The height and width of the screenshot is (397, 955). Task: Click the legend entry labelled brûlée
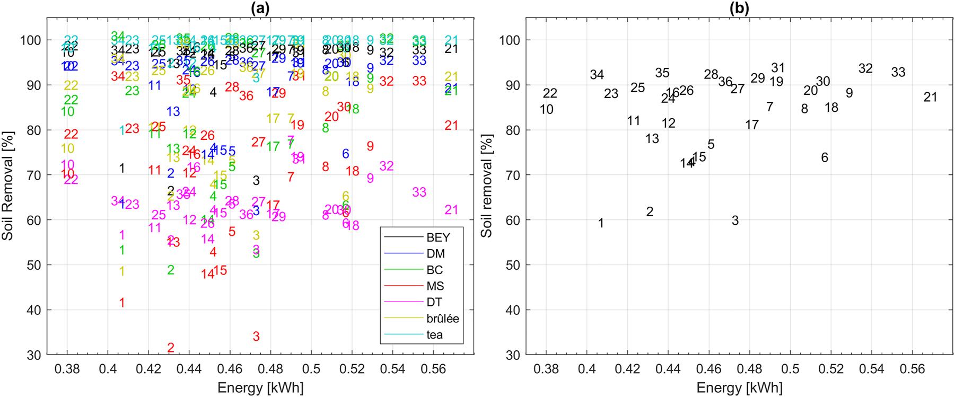(442, 319)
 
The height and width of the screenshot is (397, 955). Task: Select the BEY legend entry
(438, 237)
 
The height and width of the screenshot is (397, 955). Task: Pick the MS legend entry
(435, 286)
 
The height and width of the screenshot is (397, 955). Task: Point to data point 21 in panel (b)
(930, 98)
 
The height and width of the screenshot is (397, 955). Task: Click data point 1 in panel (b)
(601, 224)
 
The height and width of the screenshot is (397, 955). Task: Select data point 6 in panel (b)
(825, 158)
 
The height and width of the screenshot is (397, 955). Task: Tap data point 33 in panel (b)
(898, 73)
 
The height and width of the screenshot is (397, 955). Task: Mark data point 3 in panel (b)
(735, 221)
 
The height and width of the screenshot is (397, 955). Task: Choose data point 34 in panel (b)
(597, 75)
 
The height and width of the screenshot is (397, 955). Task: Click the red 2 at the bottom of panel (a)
(171, 348)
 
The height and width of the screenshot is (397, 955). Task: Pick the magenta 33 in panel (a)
(419, 192)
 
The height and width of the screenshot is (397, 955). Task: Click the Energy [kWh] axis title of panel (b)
(739, 388)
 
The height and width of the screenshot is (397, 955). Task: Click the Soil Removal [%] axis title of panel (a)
(7, 186)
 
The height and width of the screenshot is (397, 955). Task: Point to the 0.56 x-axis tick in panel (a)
(433, 369)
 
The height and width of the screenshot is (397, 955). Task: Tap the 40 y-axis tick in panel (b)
(512, 310)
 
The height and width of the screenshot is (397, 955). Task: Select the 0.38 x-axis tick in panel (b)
(546, 369)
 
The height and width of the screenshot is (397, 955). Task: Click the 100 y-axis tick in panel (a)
(31, 40)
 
